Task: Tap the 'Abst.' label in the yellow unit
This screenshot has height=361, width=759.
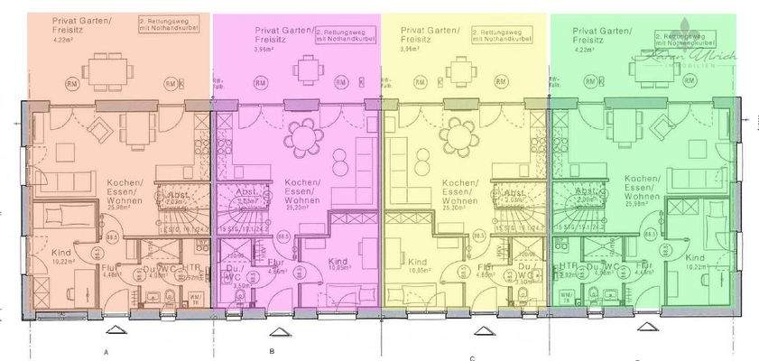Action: click(514, 194)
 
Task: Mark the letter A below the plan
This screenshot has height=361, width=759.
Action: click(106, 349)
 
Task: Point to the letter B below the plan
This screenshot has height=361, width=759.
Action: click(271, 349)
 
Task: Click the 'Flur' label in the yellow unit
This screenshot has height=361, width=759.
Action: click(486, 267)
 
